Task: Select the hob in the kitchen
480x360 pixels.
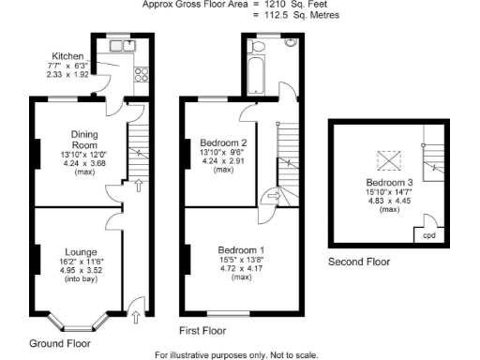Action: [x=144, y=72]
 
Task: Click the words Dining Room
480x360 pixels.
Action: [x=85, y=141]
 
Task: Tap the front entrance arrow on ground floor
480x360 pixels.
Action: [x=138, y=317]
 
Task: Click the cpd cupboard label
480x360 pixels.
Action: [x=429, y=235]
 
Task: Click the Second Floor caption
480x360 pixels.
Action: [x=359, y=262]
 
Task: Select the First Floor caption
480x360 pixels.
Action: [x=202, y=331]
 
